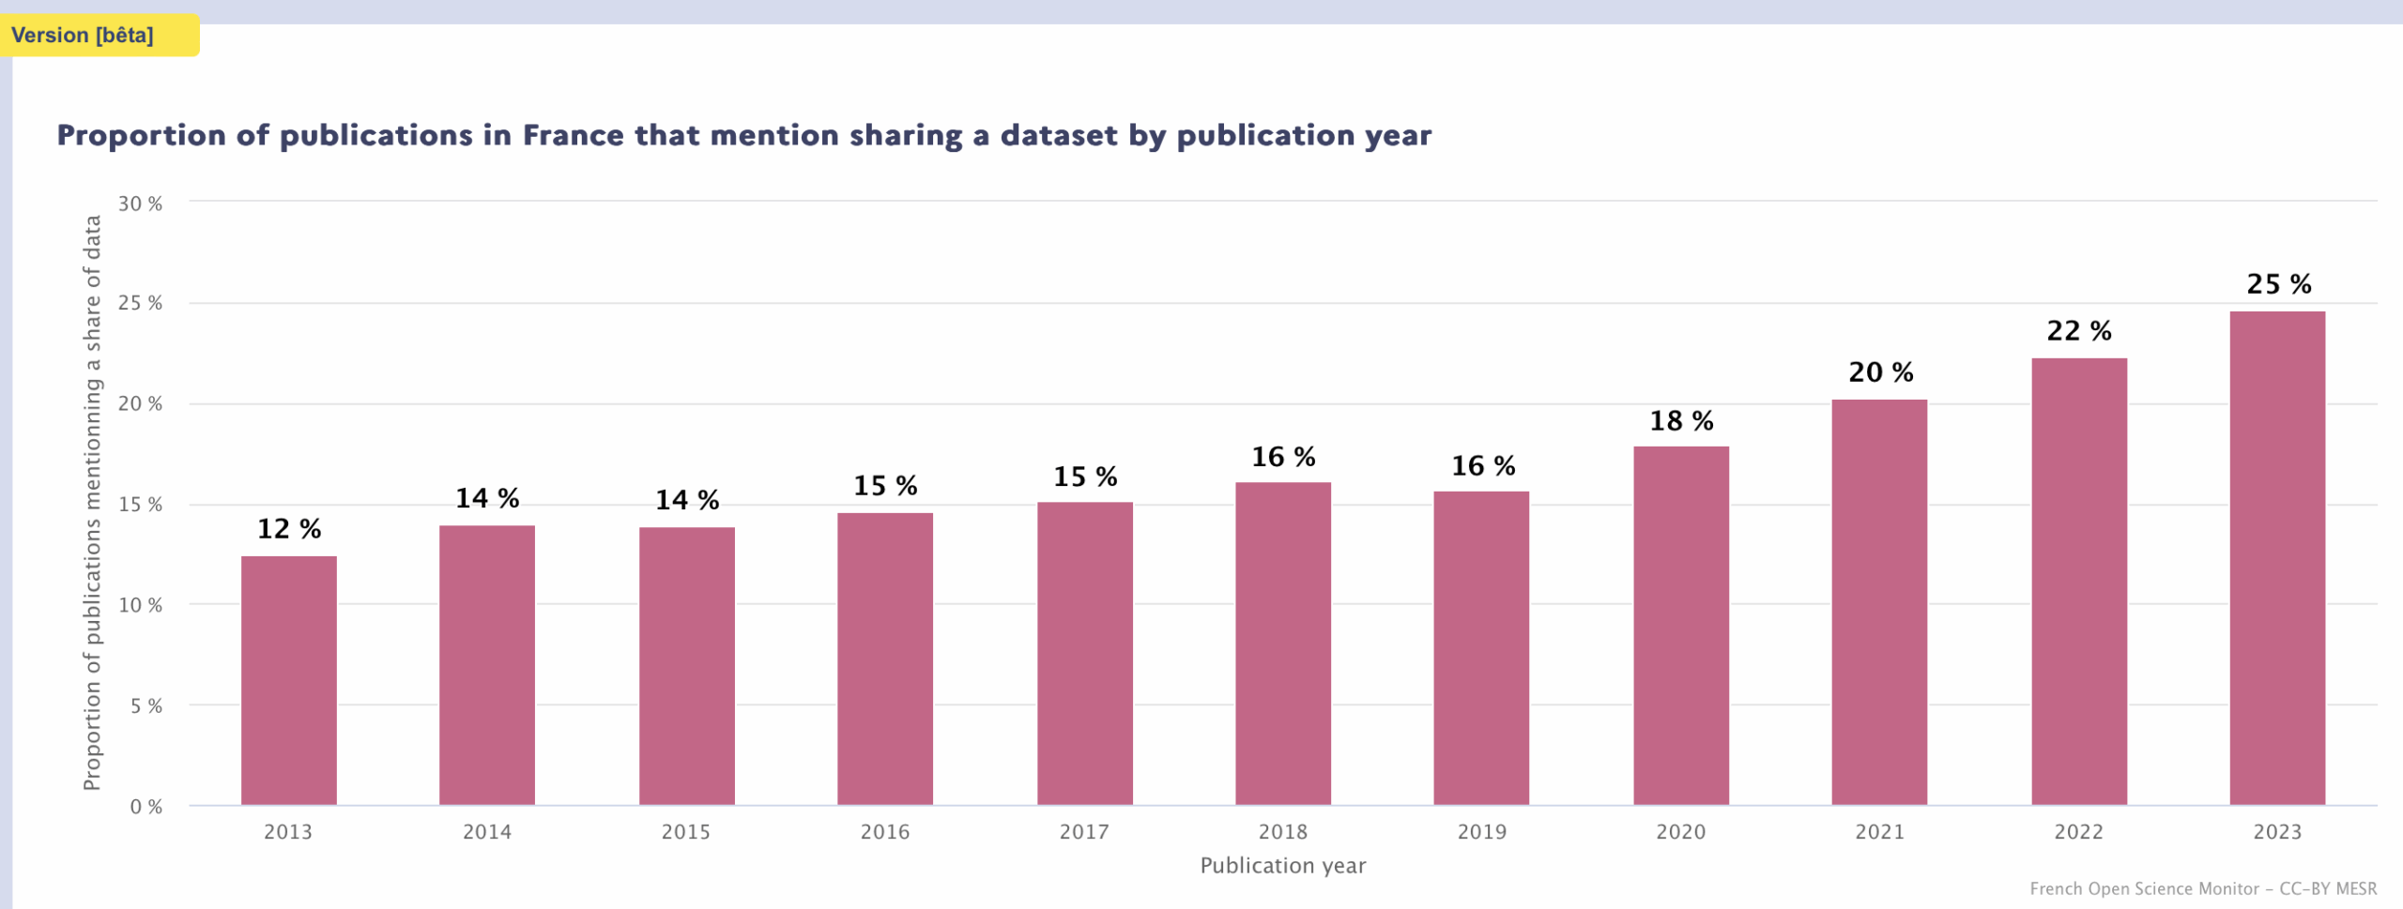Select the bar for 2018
1282,644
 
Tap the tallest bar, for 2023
2277,558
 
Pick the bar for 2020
1680,626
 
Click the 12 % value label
289,529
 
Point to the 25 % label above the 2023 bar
2278,284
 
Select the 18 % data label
1681,421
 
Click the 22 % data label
2078,331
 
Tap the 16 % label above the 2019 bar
1483,466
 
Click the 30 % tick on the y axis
140,204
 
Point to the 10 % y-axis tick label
140,605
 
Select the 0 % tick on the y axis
145,807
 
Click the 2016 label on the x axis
884,832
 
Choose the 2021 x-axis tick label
1879,832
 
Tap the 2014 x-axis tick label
486,832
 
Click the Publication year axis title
1282,866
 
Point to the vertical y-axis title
92,503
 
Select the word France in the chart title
573,136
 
